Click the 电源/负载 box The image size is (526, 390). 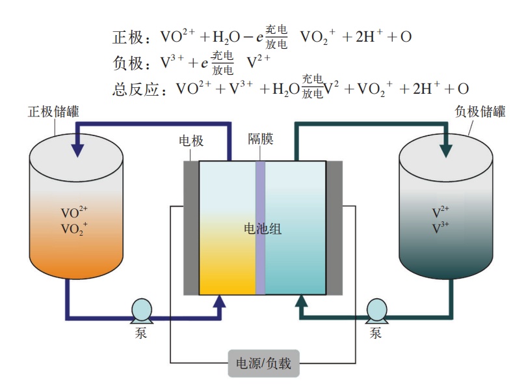tap(263, 363)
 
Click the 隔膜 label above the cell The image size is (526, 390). tap(260, 139)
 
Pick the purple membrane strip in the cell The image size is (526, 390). tap(260, 228)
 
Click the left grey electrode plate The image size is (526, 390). tap(191, 228)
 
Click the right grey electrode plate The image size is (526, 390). tap(334, 228)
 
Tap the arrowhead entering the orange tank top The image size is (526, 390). tap(77, 149)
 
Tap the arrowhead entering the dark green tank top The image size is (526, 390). tap(446, 149)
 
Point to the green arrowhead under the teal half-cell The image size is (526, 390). tap(301, 301)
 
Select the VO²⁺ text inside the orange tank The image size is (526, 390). tap(73, 213)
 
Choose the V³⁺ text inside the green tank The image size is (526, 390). tap(441, 229)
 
